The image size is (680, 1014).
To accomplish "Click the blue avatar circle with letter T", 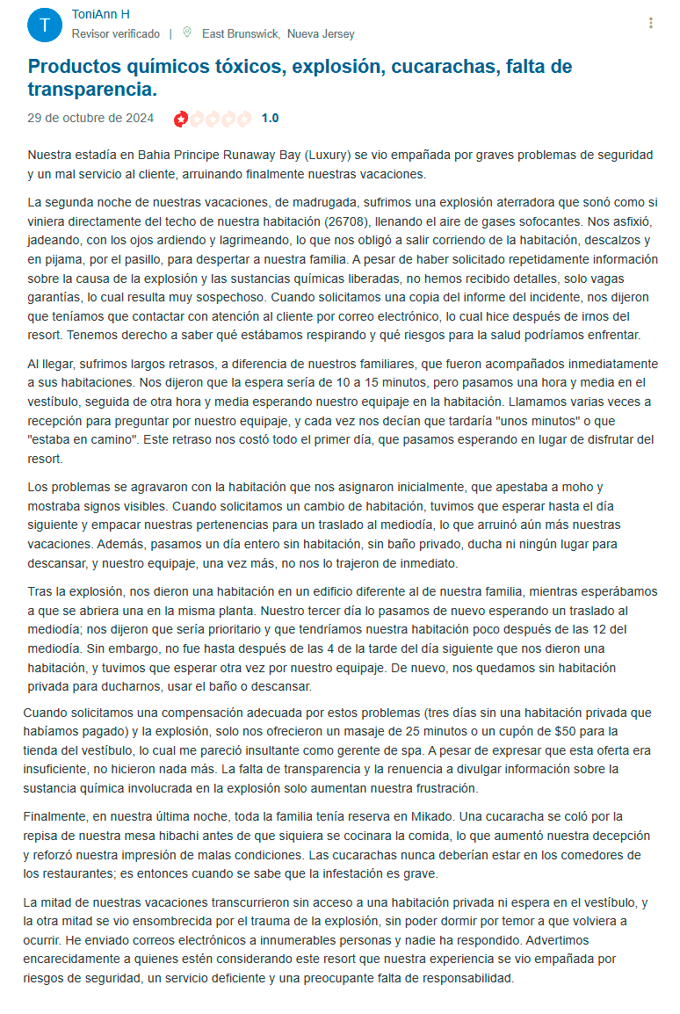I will tap(45, 25).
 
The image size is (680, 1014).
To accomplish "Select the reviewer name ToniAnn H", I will tap(101, 15).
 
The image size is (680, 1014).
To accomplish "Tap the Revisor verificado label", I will tap(115, 34).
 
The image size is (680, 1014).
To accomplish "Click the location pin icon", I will tap(187, 33).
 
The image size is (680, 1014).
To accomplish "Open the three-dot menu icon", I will tap(650, 23).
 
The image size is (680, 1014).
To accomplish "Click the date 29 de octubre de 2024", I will tap(90, 118).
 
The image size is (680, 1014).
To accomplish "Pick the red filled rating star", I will tap(181, 118).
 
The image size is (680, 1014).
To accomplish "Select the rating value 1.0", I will tap(271, 118).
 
